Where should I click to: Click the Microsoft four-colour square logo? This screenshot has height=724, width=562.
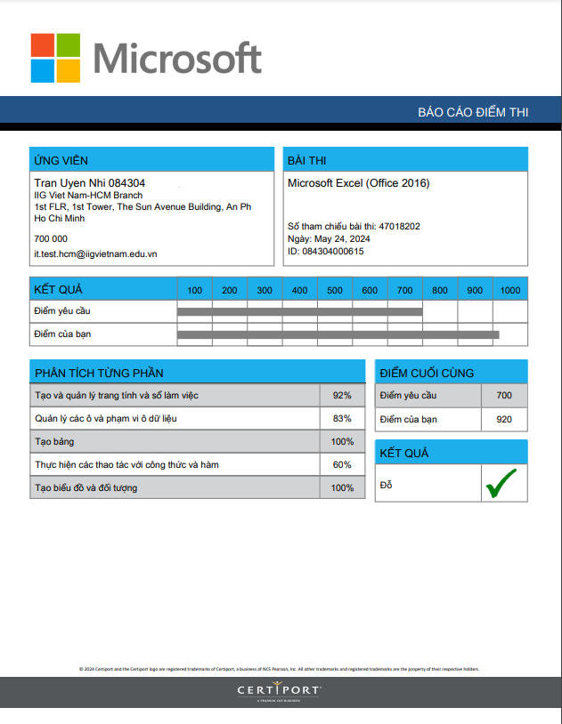(55, 58)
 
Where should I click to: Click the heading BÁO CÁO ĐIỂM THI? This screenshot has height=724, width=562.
(473, 112)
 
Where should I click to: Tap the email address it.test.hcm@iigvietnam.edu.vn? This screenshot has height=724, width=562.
(95, 253)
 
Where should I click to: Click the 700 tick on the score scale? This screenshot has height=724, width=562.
(405, 290)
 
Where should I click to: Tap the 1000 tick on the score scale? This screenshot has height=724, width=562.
(510, 290)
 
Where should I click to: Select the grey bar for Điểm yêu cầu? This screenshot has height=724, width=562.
(299, 311)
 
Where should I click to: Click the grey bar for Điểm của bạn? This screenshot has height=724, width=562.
(338, 334)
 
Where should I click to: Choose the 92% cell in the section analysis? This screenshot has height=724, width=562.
(342, 395)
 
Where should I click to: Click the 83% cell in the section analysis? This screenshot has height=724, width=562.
(342, 418)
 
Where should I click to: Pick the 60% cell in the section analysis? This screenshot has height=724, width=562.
(342, 464)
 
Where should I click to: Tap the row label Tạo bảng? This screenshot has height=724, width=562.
(54, 441)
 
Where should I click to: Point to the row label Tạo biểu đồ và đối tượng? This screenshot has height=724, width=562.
(86, 487)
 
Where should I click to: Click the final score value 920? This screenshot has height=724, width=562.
(504, 419)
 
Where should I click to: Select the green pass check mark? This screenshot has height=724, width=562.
(501, 483)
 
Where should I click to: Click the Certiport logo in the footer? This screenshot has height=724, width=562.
(280, 690)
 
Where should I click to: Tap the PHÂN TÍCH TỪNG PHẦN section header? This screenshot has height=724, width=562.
(99, 373)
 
